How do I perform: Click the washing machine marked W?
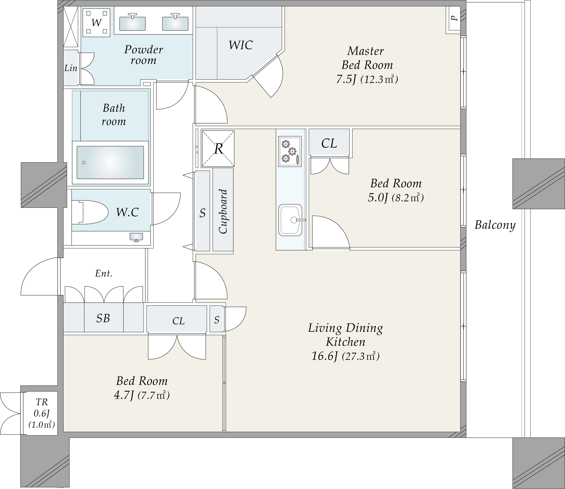[x=96, y=22]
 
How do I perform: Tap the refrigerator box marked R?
[x=218, y=149]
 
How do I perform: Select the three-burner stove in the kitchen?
[x=290, y=151]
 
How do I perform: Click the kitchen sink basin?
[x=290, y=220]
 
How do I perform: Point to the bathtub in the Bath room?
[x=110, y=162]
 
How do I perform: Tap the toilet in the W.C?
[x=90, y=212]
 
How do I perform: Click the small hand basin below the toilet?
[x=136, y=237]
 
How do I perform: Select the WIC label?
[x=240, y=45]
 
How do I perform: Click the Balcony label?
[x=495, y=225]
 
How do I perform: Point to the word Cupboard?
[x=223, y=211]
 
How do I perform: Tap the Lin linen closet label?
[x=71, y=68]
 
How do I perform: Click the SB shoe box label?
[x=103, y=318]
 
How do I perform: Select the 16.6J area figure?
[x=324, y=356]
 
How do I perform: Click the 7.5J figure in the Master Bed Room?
[x=346, y=80]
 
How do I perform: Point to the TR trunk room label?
[x=42, y=402]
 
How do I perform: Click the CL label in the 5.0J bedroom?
[x=329, y=143]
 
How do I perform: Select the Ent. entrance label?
[x=104, y=274]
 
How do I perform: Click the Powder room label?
[x=143, y=55]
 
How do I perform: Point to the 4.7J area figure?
[x=124, y=395]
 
